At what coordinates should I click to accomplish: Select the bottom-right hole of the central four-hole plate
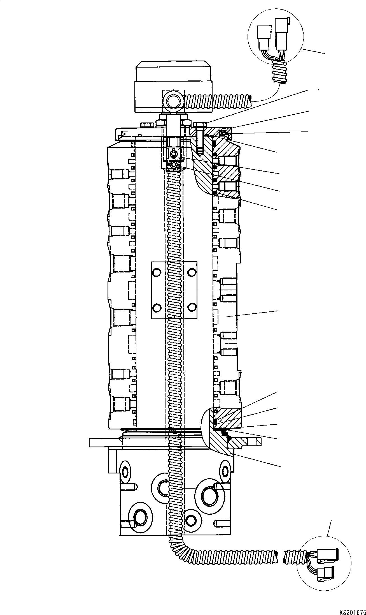192,307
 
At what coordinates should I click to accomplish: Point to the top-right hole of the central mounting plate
192,272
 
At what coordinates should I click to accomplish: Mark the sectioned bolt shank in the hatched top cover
200,140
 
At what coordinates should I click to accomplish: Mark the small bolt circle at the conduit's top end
174,165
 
